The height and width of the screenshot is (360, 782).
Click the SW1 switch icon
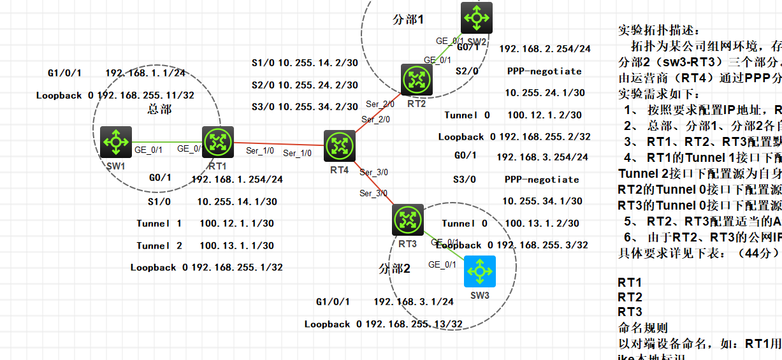click(x=116, y=141)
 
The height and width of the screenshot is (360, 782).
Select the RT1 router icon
click(x=218, y=141)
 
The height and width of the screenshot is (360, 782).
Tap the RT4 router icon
click(x=339, y=146)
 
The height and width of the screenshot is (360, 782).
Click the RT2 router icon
click(x=417, y=80)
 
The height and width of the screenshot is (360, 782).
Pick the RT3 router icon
click(x=408, y=220)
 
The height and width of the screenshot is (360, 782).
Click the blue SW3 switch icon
click(x=480, y=271)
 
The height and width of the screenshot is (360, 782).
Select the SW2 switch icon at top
click(x=477, y=17)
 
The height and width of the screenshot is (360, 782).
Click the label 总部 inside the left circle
click(x=159, y=109)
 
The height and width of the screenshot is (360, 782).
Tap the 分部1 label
click(x=408, y=20)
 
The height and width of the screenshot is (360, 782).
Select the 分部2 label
click(x=395, y=268)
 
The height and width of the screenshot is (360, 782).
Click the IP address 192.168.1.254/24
click(x=237, y=179)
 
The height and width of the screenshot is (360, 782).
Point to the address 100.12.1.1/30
click(x=237, y=224)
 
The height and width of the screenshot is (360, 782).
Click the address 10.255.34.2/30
click(x=317, y=106)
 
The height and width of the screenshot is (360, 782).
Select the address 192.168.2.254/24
click(x=545, y=48)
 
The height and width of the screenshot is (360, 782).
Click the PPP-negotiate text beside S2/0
click(x=544, y=71)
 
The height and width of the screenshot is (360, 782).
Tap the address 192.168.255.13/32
click(x=414, y=324)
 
